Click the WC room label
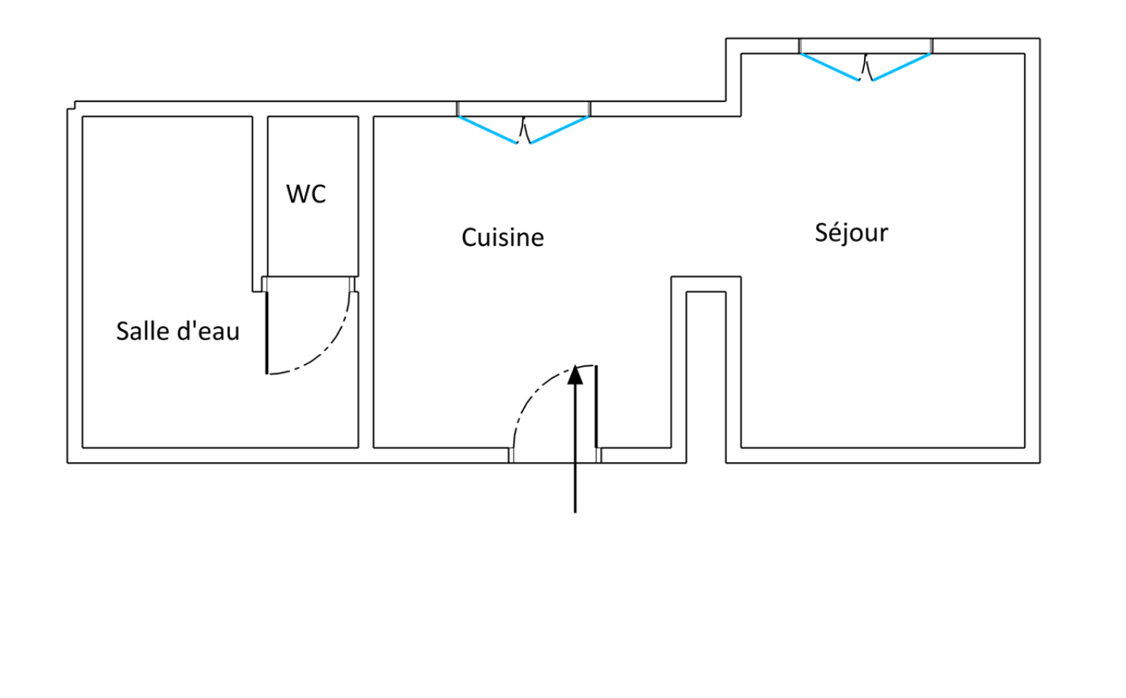[x=306, y=194]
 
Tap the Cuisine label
[x=502, y=237]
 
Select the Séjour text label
[x=851, y=232]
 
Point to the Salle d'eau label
[x=177, y=331]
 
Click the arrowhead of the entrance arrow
[x=576, y=374]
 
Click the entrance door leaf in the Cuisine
[x=596, y=407]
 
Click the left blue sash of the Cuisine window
[x=487, y=129]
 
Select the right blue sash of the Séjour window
[x=902, y=67]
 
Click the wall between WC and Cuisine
[x=365, y=228]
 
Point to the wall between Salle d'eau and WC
[x=260, y=198]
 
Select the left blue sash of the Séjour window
[x=830, y=67]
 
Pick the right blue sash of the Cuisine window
[x=560, y=130]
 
